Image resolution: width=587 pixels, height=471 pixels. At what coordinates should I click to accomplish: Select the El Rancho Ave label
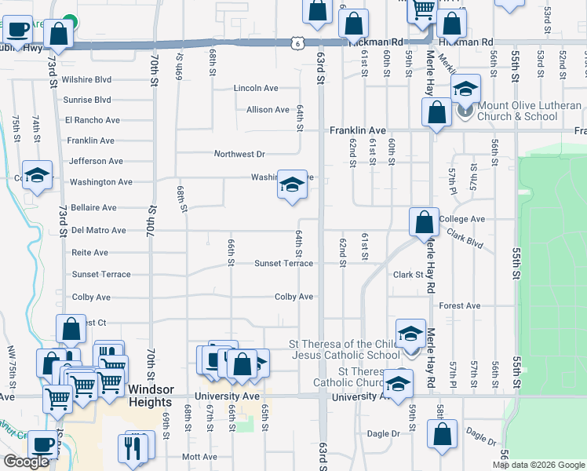[93, 120]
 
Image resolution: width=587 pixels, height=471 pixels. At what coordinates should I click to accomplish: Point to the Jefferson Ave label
[96, 161]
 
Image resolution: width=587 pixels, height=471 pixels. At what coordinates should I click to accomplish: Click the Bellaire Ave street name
[93, 208]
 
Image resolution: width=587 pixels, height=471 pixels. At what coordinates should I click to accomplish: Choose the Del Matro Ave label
[98, 231]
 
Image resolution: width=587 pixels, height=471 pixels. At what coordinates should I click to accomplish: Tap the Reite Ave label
[89, 253]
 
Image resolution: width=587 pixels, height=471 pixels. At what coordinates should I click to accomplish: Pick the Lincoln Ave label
[256, 89]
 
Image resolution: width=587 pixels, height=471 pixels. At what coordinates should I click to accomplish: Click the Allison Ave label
[268, 110]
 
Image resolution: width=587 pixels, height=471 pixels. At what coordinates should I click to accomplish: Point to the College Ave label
[462, 219]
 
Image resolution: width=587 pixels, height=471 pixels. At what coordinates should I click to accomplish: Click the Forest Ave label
[460, 305]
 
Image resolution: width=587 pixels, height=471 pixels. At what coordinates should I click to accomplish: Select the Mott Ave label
[199, 457]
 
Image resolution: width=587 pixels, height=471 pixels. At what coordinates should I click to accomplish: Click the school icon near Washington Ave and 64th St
[292, 185]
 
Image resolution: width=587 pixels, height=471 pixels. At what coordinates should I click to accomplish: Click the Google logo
[26, 462]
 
